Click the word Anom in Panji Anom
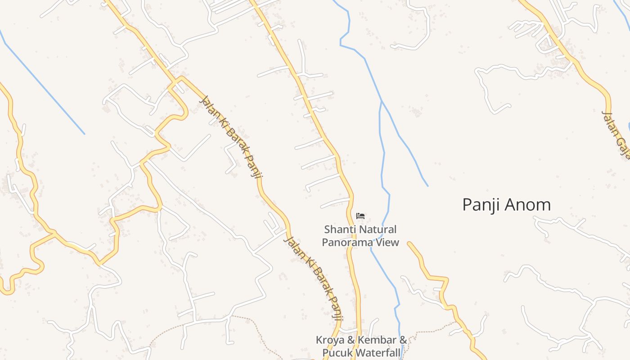(528, 205)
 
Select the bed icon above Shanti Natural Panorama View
(360, 216)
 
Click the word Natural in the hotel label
(378, 229)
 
